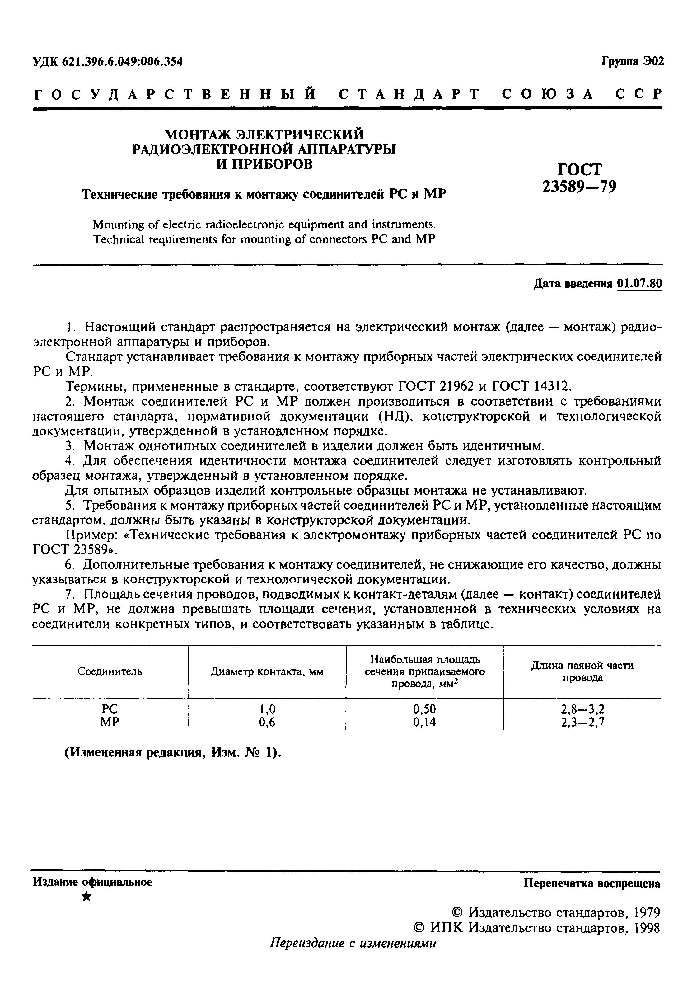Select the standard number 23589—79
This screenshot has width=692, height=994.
[579, 186]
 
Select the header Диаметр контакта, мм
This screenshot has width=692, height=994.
[267, 672]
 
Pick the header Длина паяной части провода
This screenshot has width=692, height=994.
[582, 671]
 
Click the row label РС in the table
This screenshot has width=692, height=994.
[110, 709]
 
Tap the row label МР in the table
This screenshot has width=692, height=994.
[110, 722]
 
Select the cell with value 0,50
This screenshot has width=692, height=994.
[424, 709]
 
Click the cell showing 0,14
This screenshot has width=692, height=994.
[424, 722]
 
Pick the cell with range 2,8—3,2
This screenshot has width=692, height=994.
[582, 709]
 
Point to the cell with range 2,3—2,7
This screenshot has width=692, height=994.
[582, 722]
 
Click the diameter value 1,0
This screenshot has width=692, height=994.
[267, 709]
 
